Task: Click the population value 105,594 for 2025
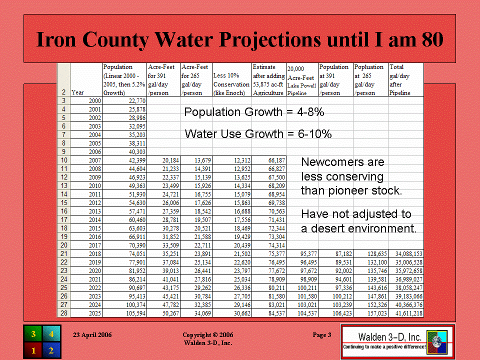click(135, 313)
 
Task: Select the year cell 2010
click(94, 186)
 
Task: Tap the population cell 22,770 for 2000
click(137, 101)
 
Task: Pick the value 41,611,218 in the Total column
click(408, 313)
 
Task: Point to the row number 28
click(63, 313)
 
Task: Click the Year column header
click(77, 92)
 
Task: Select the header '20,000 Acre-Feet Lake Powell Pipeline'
click(301, 81)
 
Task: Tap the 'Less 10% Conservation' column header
click(231, 84)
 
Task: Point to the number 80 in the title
click(432, 39)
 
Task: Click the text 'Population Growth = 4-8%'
click(254, 112)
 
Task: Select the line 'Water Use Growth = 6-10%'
click(258, 134)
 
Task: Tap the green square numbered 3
click(33, 334)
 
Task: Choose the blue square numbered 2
click(51, 350)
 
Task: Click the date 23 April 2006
click(92, 335)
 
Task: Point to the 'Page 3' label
click(321, 335)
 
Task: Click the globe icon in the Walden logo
click(437, 342)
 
